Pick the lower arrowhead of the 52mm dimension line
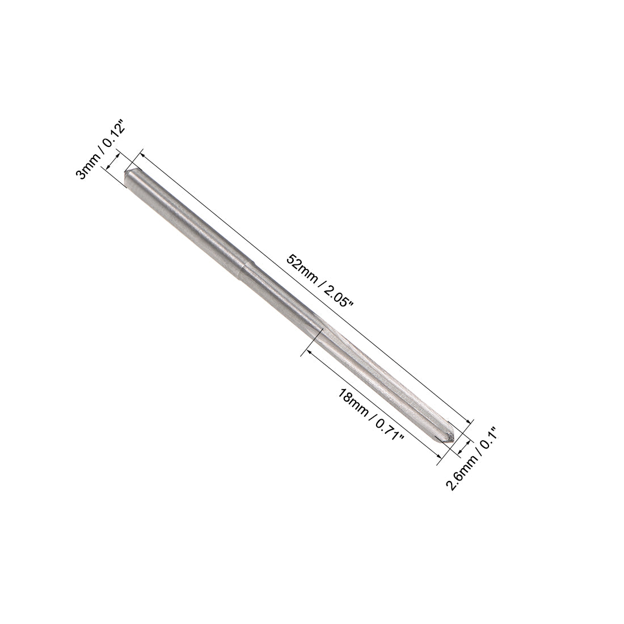[x=469, y=420]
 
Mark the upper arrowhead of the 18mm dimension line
[x=310, y=352]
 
